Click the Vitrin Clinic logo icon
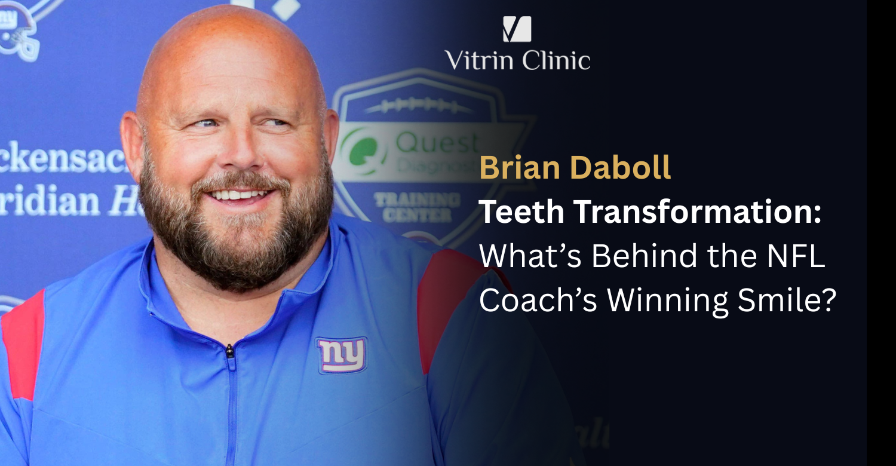click(x=517, y=29)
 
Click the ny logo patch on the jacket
click(x=342, y=355)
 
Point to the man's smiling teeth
click(x=238, y=194)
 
